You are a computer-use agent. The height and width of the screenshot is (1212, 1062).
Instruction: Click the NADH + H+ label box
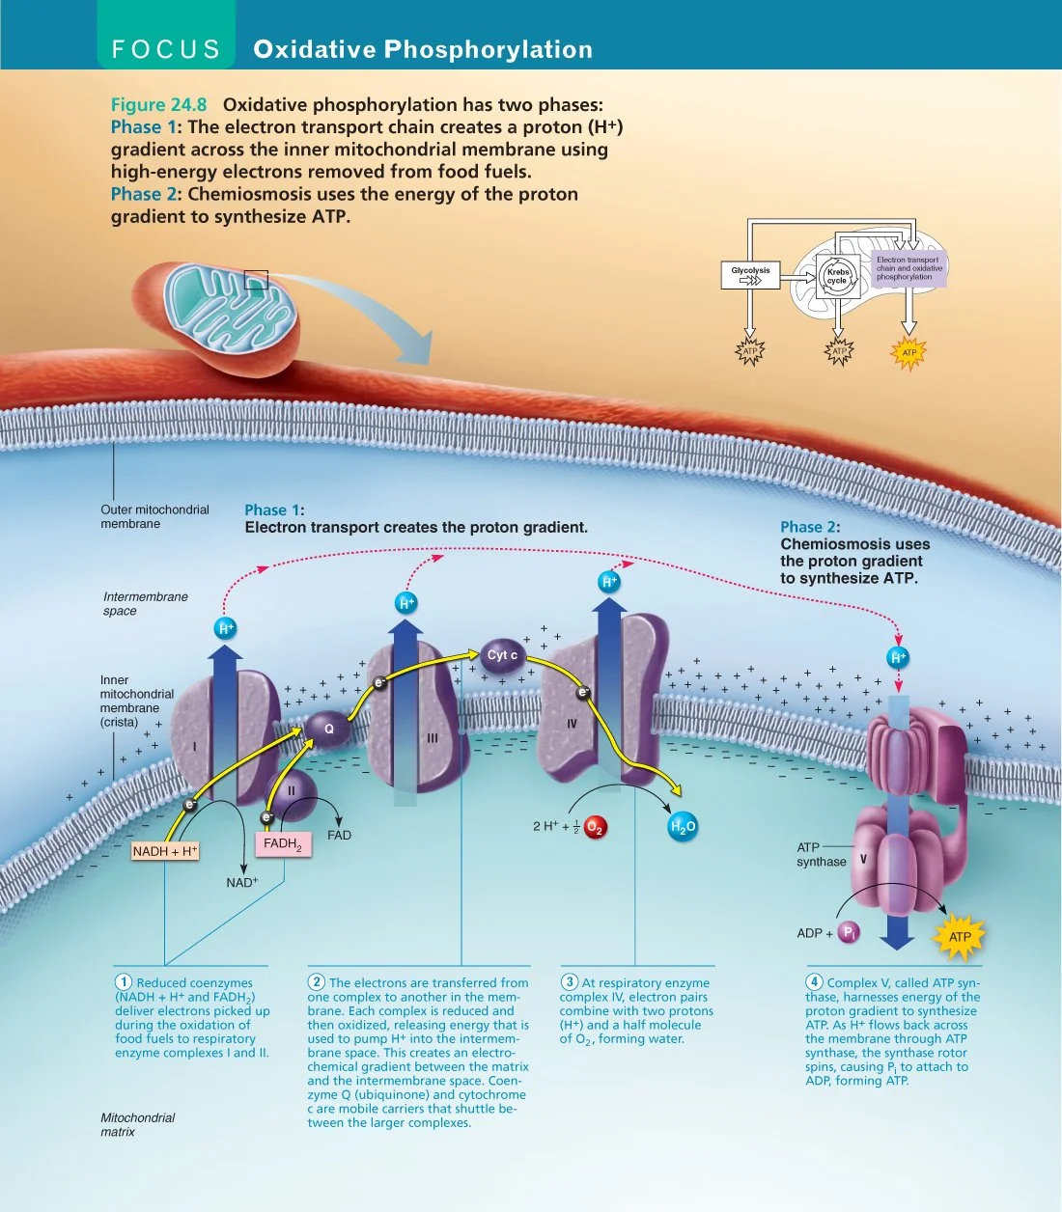pos(165,851)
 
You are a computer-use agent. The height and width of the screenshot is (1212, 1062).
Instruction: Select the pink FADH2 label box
pos(283,843)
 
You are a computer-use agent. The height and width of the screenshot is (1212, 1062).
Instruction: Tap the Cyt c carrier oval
pos(502,655)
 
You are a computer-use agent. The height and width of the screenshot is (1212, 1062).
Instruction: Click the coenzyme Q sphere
pos(328,729)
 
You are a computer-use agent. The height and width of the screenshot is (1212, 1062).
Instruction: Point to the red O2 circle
pos(595,827)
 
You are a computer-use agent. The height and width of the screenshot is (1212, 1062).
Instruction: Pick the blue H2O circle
pos(683,826)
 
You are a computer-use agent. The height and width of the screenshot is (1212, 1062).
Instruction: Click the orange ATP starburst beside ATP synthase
pos(960,936)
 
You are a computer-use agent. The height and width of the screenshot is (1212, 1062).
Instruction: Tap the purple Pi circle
pos(849,932)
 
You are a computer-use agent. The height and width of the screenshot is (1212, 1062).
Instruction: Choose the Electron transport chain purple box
pos(908,268)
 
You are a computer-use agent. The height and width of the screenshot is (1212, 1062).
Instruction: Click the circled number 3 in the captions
pos(570,982)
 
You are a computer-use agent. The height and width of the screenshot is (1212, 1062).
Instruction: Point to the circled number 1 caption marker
pos(124,982)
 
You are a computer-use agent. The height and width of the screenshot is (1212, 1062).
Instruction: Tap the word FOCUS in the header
pos(166,49)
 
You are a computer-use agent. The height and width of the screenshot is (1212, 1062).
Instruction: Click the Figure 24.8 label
pos(158,104)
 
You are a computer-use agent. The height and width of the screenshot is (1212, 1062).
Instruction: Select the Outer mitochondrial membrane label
pos(154,516)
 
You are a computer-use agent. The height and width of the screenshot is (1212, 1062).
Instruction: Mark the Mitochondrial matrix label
pos(137,1124)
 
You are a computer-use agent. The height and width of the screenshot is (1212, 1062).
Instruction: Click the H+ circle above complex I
pos(225,628)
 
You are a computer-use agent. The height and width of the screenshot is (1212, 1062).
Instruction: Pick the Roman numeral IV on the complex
pos(572,724)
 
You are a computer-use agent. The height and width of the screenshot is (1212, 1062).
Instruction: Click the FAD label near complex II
pos(339,836)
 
